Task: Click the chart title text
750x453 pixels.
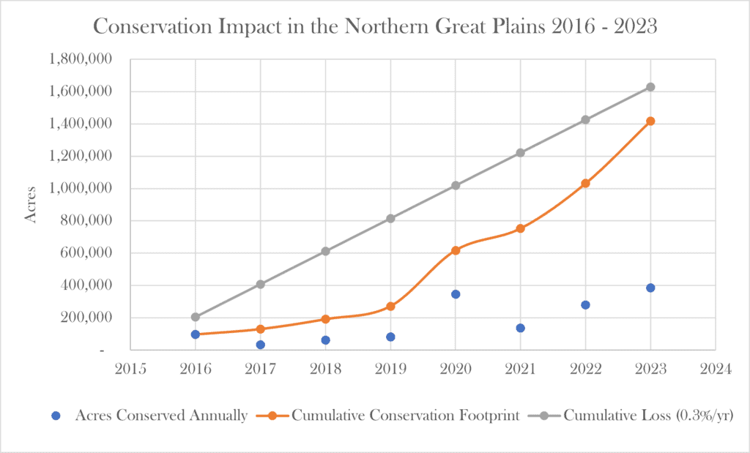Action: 374,28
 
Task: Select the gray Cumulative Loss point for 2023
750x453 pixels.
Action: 650,87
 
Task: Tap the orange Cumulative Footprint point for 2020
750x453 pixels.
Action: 456,250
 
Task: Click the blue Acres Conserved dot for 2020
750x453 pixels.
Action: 456,294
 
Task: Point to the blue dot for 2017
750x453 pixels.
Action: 261,345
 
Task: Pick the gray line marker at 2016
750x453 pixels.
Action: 196,317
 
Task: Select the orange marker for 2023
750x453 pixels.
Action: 650,121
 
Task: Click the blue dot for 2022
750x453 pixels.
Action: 585,304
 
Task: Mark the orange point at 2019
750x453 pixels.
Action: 390,306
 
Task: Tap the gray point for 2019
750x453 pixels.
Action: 390,218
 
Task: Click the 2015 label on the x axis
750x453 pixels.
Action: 130,370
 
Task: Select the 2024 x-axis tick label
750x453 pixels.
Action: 715,370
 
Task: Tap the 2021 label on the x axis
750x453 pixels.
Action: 520,370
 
